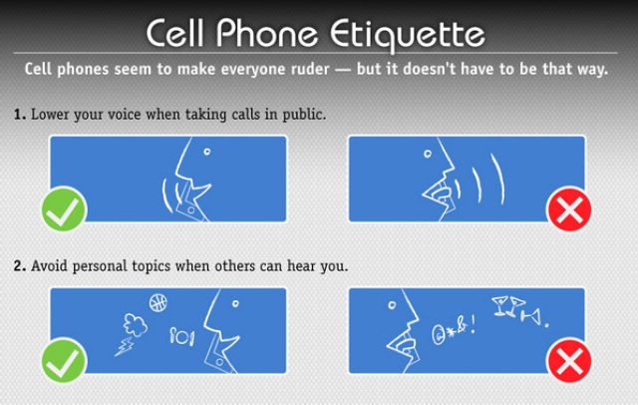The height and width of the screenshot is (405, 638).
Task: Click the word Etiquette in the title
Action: click(408, 35)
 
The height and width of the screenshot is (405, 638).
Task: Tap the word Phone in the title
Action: click(266, 33)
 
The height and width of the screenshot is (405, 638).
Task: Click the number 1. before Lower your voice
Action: click(20, 115)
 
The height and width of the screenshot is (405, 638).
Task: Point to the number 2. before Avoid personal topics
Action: click(20, 265)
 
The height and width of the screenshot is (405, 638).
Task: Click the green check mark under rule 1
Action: click(64, 209)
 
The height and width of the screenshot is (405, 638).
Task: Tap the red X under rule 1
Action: click(569, 209)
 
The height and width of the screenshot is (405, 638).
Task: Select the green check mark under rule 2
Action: click(64, 361)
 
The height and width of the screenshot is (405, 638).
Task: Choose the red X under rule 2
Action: click(569, 361)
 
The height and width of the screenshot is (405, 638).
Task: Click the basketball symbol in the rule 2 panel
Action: click(159, 302)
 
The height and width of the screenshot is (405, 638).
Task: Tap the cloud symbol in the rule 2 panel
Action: click(136, 324)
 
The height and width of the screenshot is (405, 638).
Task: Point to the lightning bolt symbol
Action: click(124, 347)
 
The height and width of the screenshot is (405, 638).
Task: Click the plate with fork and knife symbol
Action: click(181, 336)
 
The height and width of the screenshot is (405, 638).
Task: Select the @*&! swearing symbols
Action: click(454, 331)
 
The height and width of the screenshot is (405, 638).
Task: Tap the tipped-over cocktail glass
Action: click(531, 316)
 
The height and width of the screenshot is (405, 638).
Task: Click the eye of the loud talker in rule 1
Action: click(428, 154)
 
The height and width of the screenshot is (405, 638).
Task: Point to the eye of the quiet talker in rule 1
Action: click(207, 152)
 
